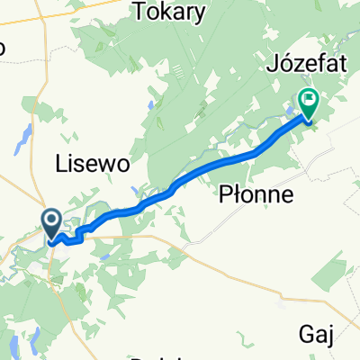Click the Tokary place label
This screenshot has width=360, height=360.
(168, 13)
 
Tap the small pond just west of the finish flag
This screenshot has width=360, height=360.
(291, 112)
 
